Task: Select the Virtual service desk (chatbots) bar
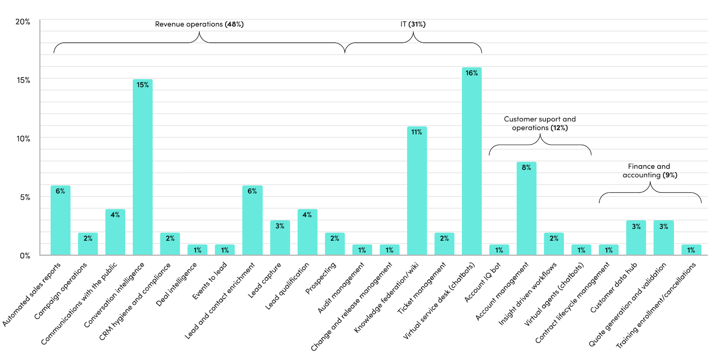[x=472, y=161]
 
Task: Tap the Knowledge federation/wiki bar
[x=417, y=191]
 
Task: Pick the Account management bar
[x=527, y=208]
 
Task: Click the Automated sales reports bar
[x=61, y=220]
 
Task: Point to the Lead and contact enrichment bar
[x=252, y=220]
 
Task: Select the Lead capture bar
[x=280, y=238]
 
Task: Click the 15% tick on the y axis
[x=22, y=80]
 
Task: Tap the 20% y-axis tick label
[x=22, y=22]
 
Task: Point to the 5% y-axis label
[x=24, y=197]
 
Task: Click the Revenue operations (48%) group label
[x=199, y=24]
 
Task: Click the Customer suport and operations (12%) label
[x=540, y=123]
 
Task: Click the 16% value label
[x=472, y=73]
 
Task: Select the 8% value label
[x=527, y=168]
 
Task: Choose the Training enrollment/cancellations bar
[x=691, y=250]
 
